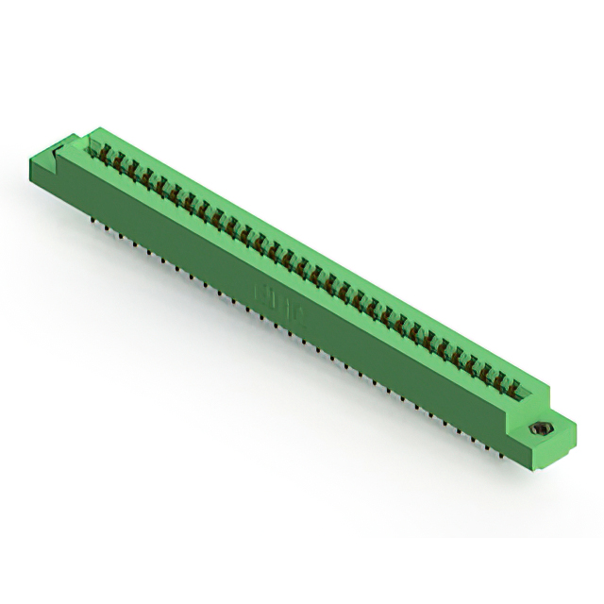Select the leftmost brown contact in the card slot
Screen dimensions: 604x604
coord(96,149)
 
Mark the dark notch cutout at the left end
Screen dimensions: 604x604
coord(59,145)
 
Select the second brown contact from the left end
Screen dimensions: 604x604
coord(109,157)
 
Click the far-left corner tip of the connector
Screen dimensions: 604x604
coord(34,161)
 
